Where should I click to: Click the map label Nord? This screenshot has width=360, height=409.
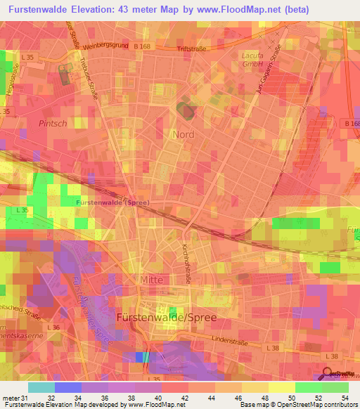point(184,134)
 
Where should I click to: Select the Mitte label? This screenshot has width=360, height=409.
point(151,280)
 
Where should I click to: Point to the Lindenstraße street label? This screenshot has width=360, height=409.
point(234,339)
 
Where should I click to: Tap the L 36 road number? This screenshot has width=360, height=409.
point(53,327)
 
